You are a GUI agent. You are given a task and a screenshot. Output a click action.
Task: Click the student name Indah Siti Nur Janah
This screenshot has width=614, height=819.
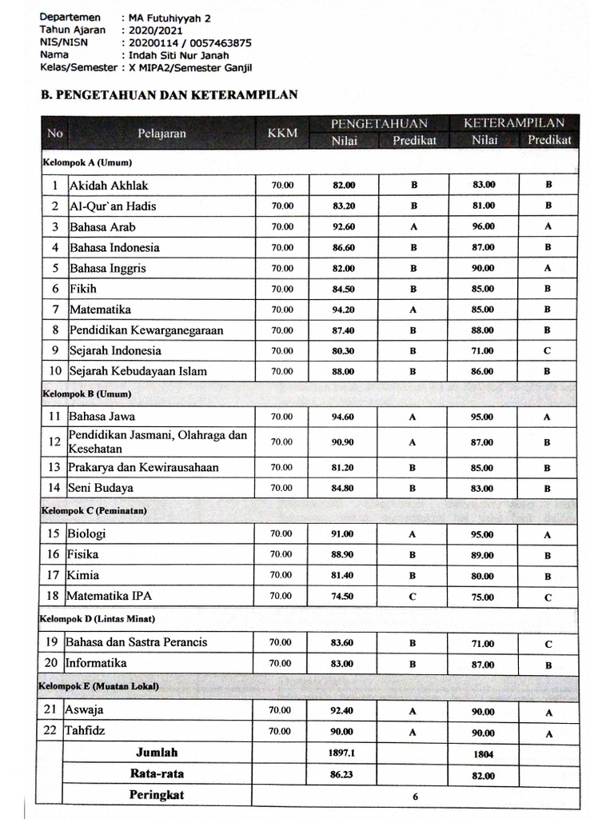(174, 55)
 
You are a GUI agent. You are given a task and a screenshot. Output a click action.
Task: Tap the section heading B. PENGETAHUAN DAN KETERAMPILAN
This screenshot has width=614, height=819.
(169, 94)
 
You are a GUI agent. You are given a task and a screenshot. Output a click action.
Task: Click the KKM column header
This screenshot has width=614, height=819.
(282, 133)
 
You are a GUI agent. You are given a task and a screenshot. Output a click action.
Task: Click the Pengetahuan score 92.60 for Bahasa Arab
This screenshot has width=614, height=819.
(344, 226)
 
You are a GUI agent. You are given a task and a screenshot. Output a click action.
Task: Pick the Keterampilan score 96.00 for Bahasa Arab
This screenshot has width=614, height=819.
(483, 226)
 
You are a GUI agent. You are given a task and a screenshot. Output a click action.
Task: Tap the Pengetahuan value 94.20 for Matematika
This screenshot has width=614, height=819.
(344, 310)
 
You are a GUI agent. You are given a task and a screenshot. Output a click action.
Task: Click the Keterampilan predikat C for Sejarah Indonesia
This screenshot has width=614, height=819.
(548, 351)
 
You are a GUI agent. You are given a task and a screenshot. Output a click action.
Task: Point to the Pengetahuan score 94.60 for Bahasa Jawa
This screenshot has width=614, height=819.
(344, 417)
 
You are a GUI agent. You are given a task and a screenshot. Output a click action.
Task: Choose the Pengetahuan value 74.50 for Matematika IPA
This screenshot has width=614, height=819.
(344, 596)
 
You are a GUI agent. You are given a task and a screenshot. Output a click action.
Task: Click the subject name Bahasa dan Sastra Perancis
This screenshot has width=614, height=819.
(137, 641)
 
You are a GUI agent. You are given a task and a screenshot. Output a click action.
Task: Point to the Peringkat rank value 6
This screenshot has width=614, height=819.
(416, 797)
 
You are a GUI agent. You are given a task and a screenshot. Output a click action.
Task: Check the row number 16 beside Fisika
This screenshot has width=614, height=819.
(54, 554)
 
